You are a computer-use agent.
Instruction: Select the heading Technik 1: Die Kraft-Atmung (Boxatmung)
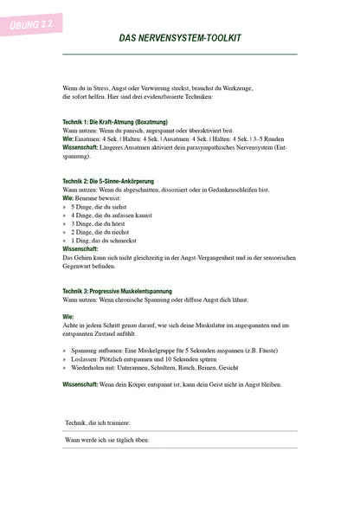tap(115, 122)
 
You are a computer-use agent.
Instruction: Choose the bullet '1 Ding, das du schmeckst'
tap(102, 240)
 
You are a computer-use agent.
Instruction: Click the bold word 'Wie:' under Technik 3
tap(67, 317)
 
